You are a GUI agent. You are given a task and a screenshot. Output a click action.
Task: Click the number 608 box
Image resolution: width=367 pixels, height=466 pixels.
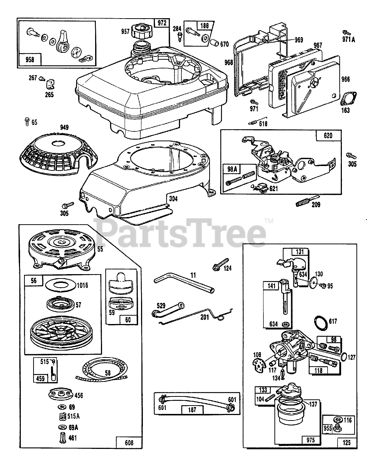[129, 443]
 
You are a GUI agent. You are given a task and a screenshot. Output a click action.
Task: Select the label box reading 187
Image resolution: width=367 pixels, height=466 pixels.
[192, 410]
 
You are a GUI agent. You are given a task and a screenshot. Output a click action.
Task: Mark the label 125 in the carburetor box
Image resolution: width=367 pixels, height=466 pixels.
[347, 443]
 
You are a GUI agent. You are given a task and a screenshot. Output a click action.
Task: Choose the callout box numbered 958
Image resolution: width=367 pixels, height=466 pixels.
[30, 59]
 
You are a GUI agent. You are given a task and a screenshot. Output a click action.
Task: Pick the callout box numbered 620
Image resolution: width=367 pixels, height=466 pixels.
[328, 136]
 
